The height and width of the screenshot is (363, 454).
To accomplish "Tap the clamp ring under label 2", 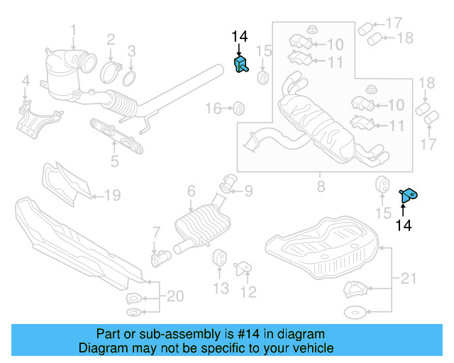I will pyautogui.click(x=110, y=71).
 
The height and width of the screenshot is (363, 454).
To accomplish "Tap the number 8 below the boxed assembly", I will pyautogui.click(x=321, y=187).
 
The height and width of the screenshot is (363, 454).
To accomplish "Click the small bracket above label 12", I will pyautogui.click(x=243, y=268).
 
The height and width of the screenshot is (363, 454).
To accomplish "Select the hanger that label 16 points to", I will pyautogui.click(x=239, y=108).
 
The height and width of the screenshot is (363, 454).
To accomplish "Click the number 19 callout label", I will pyautogui.click(x=112, y=195).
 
